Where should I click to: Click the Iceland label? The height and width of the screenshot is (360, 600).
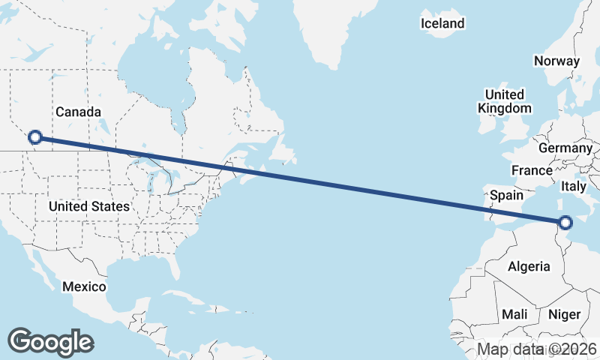pos(442,23)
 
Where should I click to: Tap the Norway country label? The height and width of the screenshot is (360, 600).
pos(556,61)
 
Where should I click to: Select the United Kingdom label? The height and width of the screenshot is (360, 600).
pos(505,101)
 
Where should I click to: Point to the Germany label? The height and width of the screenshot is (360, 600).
pos(565,148)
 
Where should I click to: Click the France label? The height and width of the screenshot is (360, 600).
pos(532,170)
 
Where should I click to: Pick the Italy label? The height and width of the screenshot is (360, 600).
pos(574,185)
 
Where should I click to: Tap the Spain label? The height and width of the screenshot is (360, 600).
pos(506,195)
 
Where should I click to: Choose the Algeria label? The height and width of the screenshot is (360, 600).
pos(529,266)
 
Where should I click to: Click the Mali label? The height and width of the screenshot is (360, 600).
pos(514,313)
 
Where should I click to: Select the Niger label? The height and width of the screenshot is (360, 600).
pos(564,313)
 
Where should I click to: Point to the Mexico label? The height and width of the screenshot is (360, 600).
pos(84,286)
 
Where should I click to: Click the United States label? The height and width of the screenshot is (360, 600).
pos(88,205)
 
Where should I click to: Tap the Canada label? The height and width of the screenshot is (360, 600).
pos(77,112)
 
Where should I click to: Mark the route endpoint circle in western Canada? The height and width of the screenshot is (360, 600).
pos(34,137)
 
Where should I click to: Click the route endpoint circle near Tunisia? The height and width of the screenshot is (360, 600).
pos(565,222)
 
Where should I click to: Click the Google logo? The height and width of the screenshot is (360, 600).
pos(50,342)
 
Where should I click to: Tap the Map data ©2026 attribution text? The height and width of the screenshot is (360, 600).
pos(537,349)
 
